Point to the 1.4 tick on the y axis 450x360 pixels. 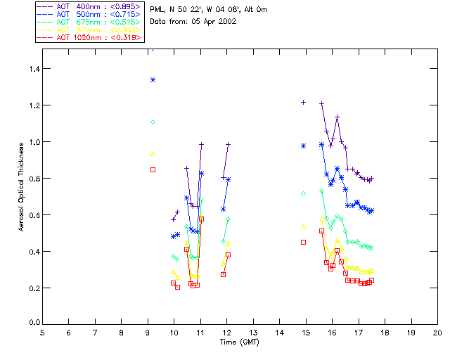point(33,69)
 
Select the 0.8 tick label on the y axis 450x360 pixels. point(33,179)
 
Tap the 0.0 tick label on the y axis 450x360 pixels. point(33,323)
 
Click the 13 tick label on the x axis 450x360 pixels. point(253,332)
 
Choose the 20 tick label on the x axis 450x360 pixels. point(437,332)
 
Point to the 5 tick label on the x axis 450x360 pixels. point(43,332)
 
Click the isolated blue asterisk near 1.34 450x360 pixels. point(153,79)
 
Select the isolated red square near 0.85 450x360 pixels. point(153,169)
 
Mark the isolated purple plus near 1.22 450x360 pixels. point(304,102)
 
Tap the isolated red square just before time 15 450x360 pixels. point(304,242)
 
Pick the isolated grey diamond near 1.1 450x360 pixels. point(153,122)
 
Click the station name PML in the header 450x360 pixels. point(157,10)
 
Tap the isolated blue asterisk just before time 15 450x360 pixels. point(304,146)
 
